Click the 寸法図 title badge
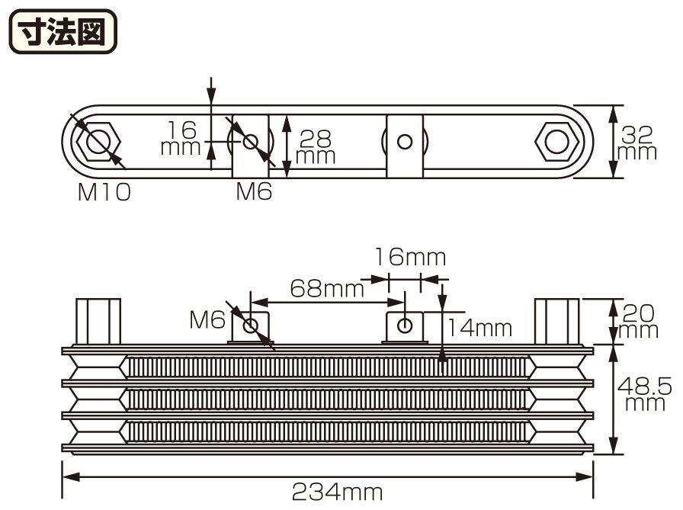63,31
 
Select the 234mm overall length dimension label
337,492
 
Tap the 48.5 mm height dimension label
645,394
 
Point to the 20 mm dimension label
638,322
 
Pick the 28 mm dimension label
316,147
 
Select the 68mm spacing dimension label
327,288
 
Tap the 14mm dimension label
480,328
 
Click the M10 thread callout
104,191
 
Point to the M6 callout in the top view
254,191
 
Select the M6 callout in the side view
207,320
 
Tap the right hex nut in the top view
556,142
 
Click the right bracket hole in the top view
405,142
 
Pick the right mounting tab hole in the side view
405,325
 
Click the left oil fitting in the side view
98,322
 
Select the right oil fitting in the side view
557,322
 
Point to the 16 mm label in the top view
181,138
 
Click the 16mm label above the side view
410,257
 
